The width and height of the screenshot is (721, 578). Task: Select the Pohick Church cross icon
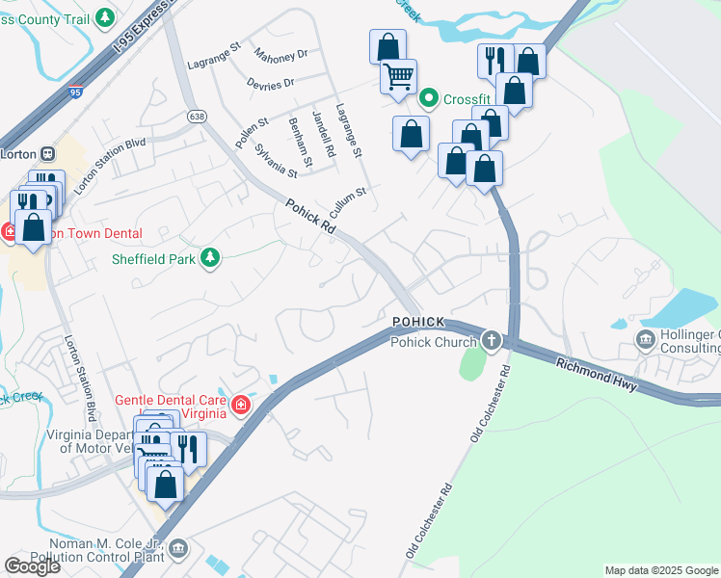(493, 341)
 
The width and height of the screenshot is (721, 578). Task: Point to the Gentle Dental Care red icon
(239, 406)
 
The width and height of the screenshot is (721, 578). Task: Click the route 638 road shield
(198, 117)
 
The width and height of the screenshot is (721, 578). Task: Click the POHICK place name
(417, 321)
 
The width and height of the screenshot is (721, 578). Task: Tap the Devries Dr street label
(270, 85)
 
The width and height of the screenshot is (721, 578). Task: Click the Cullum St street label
(348, 203)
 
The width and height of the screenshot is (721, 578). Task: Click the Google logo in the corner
(32, 566)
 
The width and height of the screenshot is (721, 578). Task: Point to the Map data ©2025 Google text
(660, 570)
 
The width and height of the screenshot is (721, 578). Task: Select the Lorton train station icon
(46, 152)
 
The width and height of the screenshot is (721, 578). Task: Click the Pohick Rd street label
(310, 218)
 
